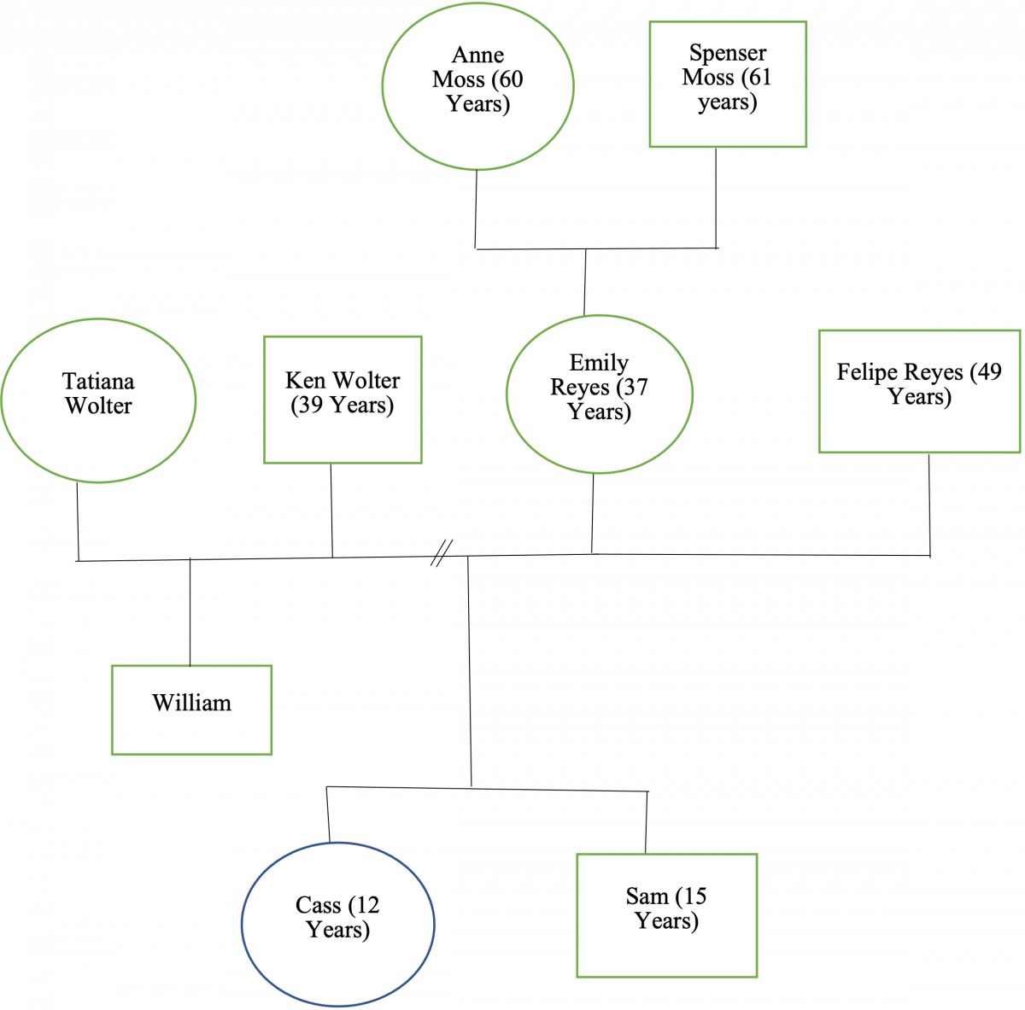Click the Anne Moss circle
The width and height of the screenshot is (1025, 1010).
477,85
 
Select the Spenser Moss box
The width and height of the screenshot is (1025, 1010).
728,85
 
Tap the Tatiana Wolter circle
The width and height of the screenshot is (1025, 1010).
98,400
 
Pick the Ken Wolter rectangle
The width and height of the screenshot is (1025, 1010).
343,400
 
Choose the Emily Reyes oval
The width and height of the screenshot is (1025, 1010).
599,394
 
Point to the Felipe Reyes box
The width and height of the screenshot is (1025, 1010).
919,391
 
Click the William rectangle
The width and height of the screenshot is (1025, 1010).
191,709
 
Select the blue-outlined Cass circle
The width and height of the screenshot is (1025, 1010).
337,923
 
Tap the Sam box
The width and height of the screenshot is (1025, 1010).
666,915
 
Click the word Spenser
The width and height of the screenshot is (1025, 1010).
728,53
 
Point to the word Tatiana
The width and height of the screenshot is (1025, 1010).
98,381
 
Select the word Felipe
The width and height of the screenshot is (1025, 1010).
865,372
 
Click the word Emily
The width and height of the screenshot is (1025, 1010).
599,363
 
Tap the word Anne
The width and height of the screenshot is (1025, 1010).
477,55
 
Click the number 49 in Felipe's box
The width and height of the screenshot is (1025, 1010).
988,372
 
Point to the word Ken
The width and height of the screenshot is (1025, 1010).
305,380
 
